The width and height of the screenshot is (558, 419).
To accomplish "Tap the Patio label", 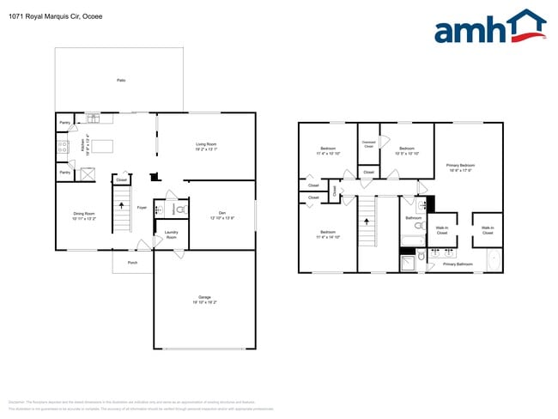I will pyautogui.click(x=121, y=80).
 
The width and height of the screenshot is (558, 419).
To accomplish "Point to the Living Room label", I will pyautogui.click(x=206, y=146).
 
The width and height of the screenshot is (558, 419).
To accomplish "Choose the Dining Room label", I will pyautogui.click(x=83, y=216).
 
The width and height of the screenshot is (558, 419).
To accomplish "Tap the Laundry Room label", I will pyautogui.click(x=171, y=234).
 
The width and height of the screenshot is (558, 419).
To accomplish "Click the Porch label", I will pyautogui.click(x=132, y=262).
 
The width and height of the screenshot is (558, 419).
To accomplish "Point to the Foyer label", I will pyautogui.click(x=143, y=208).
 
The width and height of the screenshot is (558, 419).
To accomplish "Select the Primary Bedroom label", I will pyautogui.click(x=460, y=167).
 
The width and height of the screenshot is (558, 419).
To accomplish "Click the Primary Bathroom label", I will pyautogui.click(x=458, y=264).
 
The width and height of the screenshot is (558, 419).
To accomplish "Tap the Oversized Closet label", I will pyautogui.click(x=368, y=144).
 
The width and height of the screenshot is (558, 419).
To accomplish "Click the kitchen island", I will pyautogui.click(x=103, y=146).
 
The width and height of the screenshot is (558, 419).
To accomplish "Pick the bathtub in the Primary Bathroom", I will pyautogui.click(x=494, y=259).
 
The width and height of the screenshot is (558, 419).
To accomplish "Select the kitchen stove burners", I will pyautogui.click(x=62, y=148).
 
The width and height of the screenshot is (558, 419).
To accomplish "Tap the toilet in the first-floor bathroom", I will pyautogui.click(x=181, y=209).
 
